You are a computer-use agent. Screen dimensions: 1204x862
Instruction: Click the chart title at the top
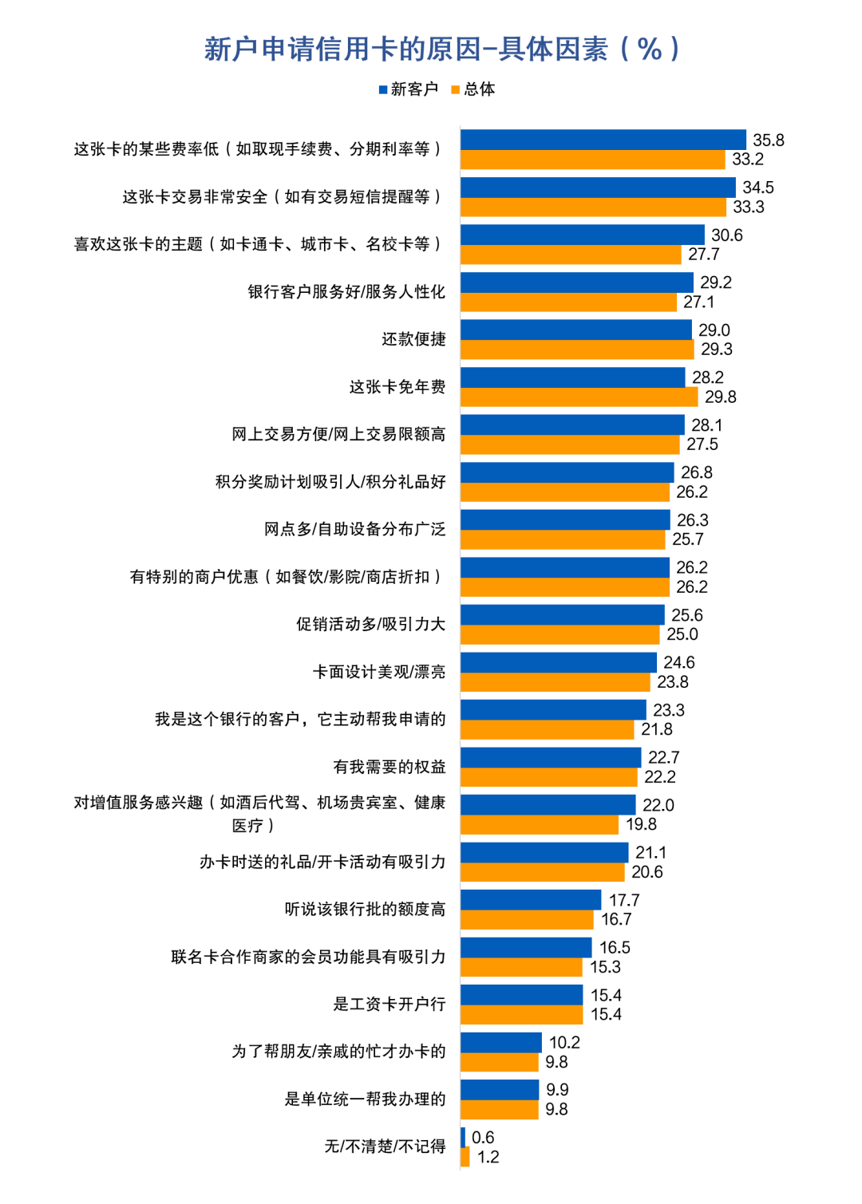441,49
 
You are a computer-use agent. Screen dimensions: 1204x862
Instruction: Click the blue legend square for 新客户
383,89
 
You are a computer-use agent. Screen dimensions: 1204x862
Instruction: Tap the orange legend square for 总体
456,89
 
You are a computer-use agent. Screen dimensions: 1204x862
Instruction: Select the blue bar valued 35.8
603,140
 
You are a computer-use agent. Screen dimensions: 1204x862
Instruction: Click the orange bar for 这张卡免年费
579,397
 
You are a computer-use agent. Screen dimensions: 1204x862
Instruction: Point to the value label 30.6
726,235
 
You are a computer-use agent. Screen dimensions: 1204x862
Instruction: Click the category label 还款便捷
413,339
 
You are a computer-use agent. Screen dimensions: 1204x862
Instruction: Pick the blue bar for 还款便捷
575,330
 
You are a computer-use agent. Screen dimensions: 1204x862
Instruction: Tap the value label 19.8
641,824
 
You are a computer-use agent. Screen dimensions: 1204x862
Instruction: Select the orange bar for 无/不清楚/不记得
465,1157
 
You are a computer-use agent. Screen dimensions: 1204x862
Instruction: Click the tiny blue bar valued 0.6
463,1137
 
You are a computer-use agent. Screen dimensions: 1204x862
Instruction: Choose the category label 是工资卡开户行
389,1004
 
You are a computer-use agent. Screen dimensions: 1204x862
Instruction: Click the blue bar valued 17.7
531,900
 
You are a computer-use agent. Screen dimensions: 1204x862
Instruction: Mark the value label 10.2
564,1043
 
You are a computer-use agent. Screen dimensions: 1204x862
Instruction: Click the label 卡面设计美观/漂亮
379,672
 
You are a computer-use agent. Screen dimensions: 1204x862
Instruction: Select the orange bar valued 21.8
547,729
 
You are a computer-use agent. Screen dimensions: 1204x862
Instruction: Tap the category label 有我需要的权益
389,767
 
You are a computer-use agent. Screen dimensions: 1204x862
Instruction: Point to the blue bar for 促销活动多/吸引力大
562,614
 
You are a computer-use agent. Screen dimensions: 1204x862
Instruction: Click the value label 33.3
749,207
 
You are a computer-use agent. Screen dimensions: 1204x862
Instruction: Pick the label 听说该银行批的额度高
365,909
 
